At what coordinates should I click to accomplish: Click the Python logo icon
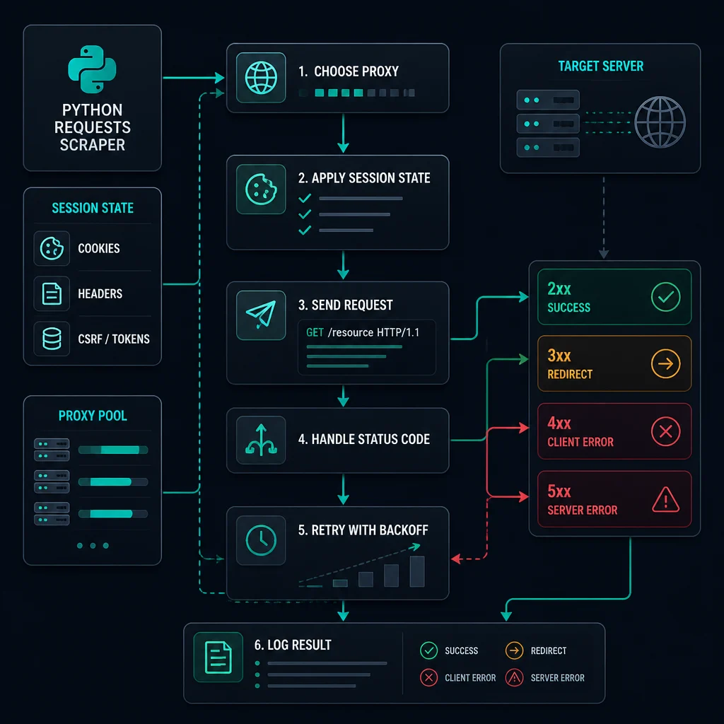[92, 69]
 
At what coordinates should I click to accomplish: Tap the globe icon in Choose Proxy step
[261, 78]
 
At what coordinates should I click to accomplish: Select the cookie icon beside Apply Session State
[261, 189]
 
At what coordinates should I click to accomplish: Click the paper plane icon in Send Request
[261, 315]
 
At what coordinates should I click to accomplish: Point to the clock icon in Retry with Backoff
[261, 539]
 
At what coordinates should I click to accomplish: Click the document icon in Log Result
[218, 657]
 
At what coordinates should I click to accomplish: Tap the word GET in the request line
[315, 332]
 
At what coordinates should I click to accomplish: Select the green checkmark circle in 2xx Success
[665, 297]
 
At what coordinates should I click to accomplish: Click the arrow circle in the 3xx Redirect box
[665, 364]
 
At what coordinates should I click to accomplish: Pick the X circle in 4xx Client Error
[665, 431]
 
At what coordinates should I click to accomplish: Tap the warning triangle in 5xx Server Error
[665, 500]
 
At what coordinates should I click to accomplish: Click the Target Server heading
[600, 66]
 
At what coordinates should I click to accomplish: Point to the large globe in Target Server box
[660, 122]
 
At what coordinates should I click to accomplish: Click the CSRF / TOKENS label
[114, 339]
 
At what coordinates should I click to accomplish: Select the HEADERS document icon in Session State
[52, 293]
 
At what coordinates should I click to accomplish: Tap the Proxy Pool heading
[93, 416]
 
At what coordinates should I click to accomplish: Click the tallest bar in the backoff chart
[417, 571]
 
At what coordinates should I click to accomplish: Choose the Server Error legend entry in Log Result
[545, 678]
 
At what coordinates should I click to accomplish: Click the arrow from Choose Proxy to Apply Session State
[343, 133]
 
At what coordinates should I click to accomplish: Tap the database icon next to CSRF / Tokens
[52, 339]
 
